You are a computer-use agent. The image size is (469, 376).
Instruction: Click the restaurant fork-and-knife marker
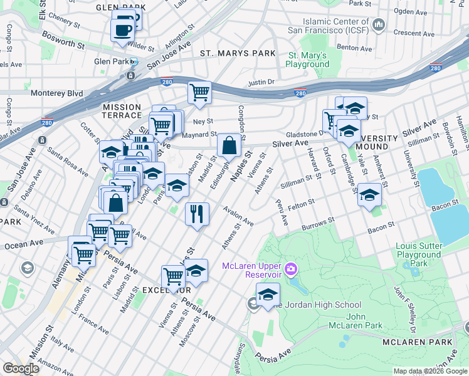[x=197, y=213]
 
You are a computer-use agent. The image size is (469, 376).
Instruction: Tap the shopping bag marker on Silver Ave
[x=229, y=145]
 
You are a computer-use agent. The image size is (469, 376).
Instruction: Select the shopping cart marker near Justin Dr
[x=199, y=93]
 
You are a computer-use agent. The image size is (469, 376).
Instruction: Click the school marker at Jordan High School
[x=268, y=294]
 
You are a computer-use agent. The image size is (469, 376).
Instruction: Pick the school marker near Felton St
[x=369, y=195]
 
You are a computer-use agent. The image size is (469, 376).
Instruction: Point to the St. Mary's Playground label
[x=307, y=60]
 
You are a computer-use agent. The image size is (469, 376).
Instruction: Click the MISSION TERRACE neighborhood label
[x=122, y=112]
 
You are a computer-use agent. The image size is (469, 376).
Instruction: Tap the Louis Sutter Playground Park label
[x=418, y=250]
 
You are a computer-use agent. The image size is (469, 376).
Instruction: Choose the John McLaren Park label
[x=356, y=321]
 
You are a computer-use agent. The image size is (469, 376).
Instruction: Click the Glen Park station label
[x=110, y=61]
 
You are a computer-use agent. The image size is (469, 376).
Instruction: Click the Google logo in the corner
[x=21, y=368]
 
